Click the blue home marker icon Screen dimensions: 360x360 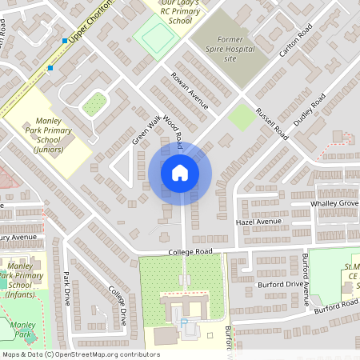(x=179, y=173)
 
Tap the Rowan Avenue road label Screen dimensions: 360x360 (x=189, y=91)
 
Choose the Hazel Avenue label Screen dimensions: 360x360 (x=259, y=221)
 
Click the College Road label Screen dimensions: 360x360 (x=190, y=251)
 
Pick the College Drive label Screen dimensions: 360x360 (x=117, y=305)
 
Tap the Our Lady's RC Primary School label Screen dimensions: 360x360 (x=181, y=11)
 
